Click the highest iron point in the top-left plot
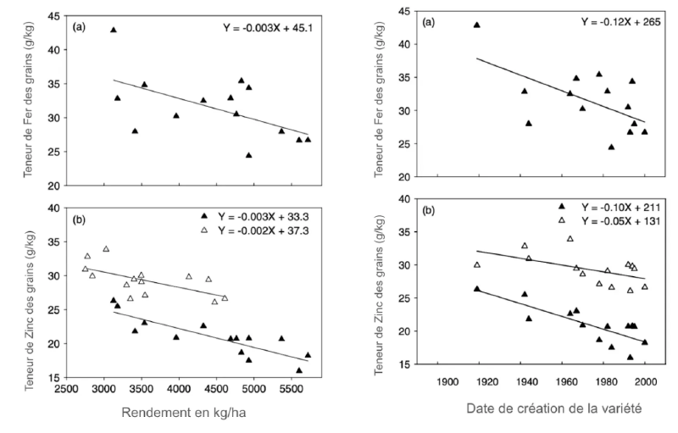(x=113, y=30)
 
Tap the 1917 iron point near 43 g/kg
(x=476, y=25)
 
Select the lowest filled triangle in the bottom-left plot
(x=298, y=370)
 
